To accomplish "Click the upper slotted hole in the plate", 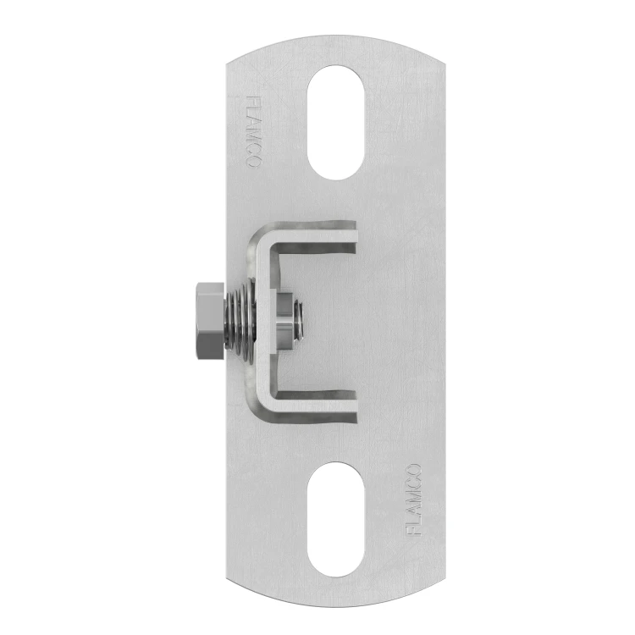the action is (x=336, y=122).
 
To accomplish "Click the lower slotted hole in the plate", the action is (x=336, y=520).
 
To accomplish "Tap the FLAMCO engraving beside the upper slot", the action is (x=254, y=132).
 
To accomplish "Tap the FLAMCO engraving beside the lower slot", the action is (x=413, y=500).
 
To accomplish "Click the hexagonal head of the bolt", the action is (x=209, y=321).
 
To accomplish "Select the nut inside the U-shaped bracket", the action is (x=284, y=321).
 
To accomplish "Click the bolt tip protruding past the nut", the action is (x=299, y=321).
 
